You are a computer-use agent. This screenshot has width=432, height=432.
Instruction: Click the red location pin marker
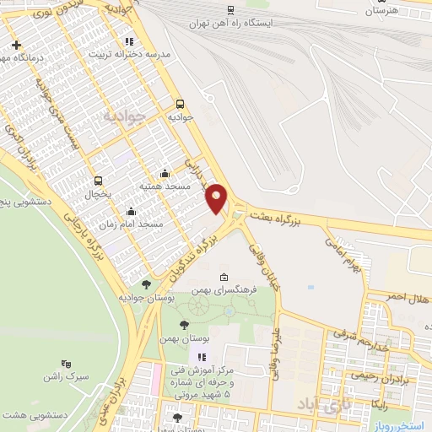coord(217,197)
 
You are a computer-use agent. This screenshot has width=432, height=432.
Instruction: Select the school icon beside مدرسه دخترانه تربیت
coord(129,40)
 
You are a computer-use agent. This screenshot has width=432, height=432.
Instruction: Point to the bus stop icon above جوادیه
coord(179,105)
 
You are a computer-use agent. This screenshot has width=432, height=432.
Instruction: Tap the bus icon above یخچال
coord(99,181)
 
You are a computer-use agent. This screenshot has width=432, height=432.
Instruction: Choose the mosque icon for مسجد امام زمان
coord(131,212)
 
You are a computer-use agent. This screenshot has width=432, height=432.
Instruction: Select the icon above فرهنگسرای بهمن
coord(224,278)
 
